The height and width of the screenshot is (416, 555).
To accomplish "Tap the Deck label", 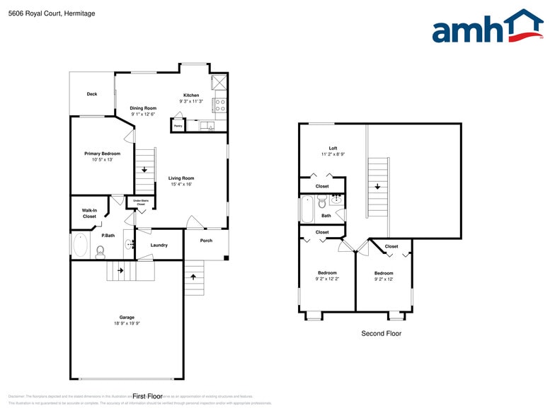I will (92, 94).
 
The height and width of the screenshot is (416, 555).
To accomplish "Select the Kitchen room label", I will (191, 95).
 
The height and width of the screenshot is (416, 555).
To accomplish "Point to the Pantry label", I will (177, 127).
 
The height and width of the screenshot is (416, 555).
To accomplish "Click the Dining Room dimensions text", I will (144, 115).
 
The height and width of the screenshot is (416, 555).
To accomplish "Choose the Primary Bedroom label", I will (102, 154).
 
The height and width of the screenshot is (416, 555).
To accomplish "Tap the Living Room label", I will (181, 178).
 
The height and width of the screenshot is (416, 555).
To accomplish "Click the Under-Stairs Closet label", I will (141, 202).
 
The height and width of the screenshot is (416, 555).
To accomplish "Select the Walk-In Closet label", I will (89, 213).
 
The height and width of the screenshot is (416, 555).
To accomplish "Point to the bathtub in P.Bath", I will (80, 246).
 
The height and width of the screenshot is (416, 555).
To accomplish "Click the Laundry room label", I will (159, 245).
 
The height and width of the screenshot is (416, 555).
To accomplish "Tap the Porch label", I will (206, 241).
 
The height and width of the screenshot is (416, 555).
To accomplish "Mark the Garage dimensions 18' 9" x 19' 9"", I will (127, 323).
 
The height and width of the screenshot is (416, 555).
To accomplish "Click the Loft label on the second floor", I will (333, 148).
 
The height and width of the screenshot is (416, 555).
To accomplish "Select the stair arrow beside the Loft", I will (379, 187).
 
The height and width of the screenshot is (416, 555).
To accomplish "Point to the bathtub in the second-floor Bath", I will (307, 209).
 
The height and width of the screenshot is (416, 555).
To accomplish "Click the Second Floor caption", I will (381, 333).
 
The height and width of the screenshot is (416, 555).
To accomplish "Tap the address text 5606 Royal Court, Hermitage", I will (52, 13).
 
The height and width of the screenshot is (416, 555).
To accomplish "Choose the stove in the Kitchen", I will (219, 105).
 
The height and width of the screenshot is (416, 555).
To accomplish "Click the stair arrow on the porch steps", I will (193, 277).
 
